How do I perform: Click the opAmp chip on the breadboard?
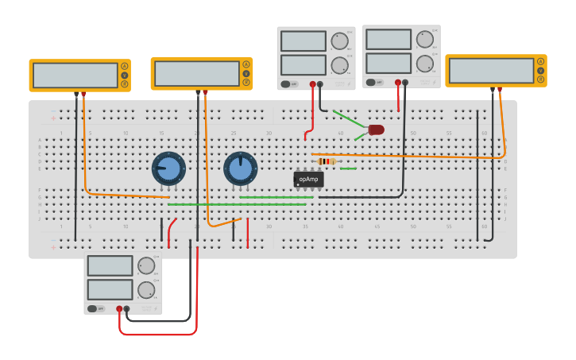pos(308,180)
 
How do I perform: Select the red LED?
pos(376,130)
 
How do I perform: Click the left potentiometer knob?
pos(168,168)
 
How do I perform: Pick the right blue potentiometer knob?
pos(240,168)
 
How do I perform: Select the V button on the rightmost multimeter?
pos(541,71)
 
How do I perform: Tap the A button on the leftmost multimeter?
pos(124,65)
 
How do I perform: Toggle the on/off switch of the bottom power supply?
pos(92,308)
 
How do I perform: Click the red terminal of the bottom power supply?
pos(119,308)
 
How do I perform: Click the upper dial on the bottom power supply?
pos(146,265)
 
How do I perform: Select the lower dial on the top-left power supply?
pos(339,65)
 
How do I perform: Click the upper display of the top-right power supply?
pos(389,39)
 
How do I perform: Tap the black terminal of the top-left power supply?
pos(320,83)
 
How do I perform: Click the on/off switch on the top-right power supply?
pos(371,82)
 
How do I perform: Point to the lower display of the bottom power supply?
pos(110,289)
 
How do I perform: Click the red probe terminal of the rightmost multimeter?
pos(500,89)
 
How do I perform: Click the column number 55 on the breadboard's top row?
pos(449,133)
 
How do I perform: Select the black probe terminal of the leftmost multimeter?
pos(76,94)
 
